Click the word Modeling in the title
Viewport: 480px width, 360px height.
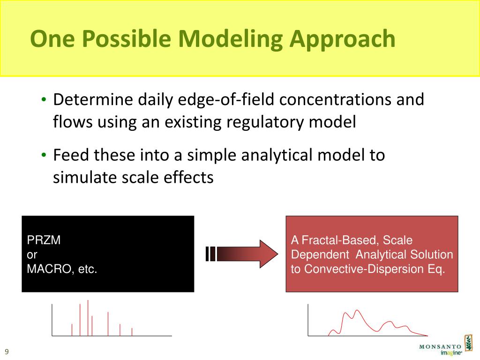pos(231,39)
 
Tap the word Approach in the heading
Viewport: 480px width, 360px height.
pos(342,39)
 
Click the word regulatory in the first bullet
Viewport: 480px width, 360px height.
pos(265,122)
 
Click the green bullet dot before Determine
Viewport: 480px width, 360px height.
pos(44,99)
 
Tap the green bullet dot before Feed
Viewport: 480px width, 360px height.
pos(44,155)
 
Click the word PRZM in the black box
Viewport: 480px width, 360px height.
pos(44,240)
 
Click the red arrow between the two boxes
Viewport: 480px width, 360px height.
pos(242,254)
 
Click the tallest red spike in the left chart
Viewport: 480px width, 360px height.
pos(88,318)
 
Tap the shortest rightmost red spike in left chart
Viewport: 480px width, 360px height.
pos(132,332)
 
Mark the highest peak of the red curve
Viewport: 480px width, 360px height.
pos(357,311)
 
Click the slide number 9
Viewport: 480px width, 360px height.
pos(7,352)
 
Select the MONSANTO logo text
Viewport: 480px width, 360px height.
pos(440,347)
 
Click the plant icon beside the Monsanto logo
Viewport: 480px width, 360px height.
pos(468,343)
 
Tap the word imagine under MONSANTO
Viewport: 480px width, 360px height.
pos(451,353)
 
